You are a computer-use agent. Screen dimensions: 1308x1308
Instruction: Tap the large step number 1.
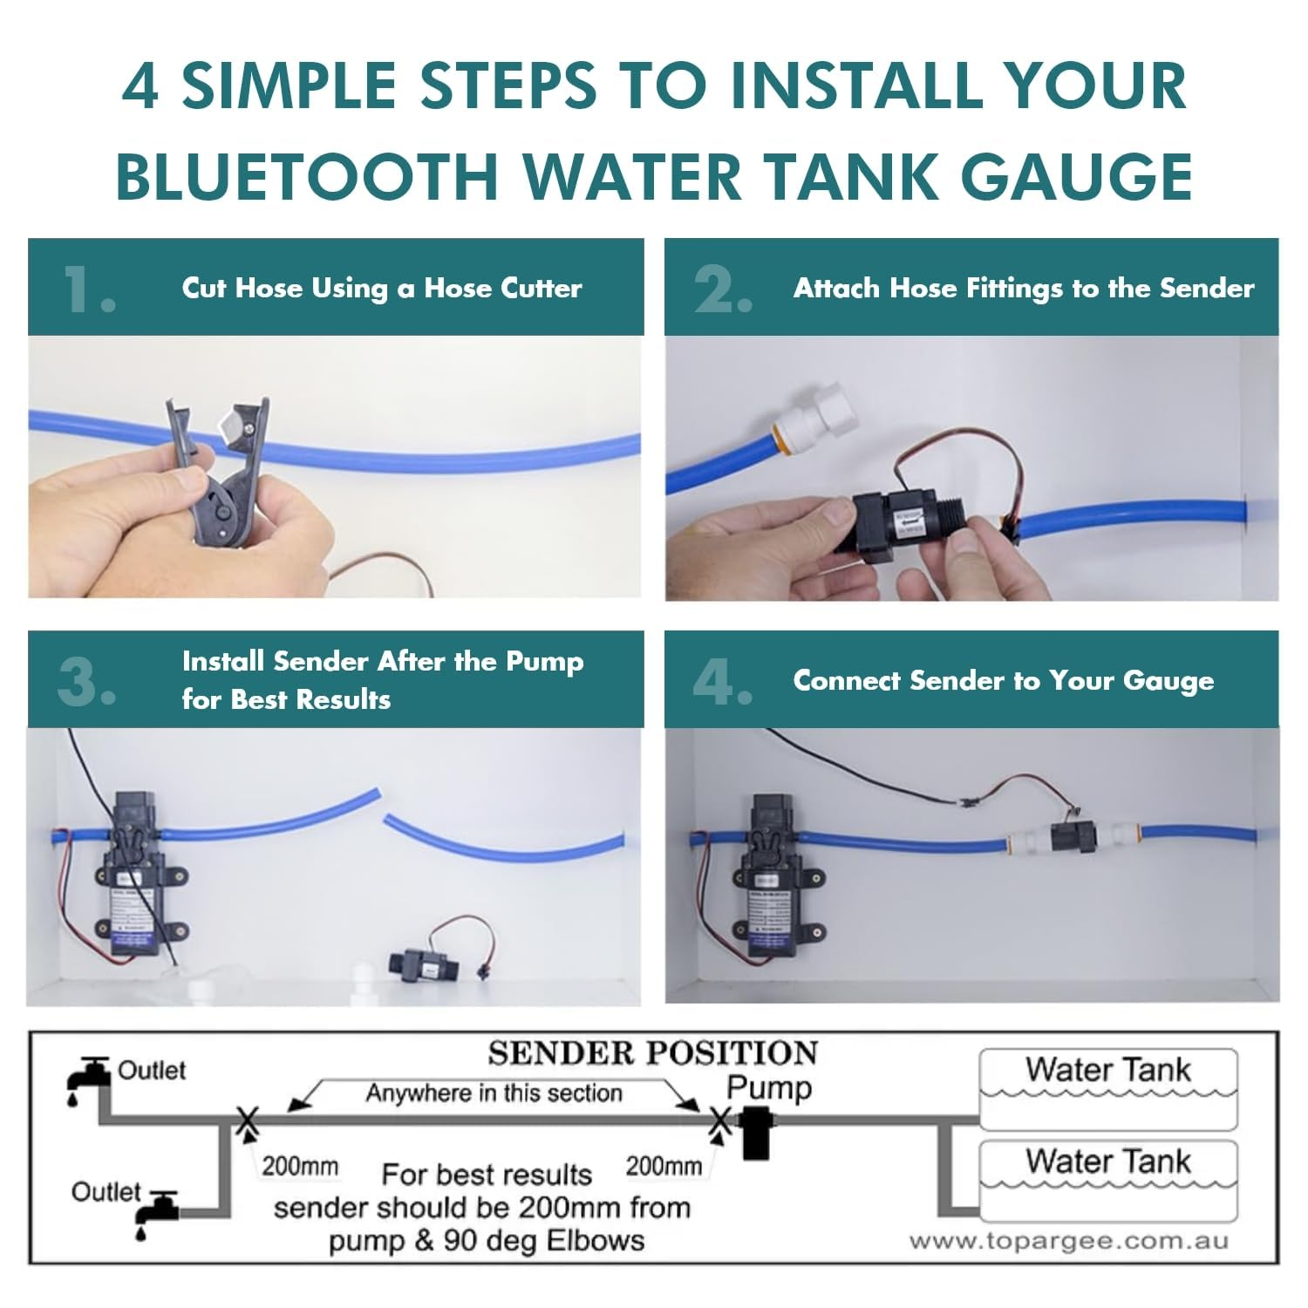pyautogui.click(x=89, y=290)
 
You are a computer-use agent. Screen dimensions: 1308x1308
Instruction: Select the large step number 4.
pyautogui.click(x=722, y=682)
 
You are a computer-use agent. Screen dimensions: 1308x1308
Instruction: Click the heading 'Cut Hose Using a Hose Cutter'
pyautogui.click(x=382, y=289)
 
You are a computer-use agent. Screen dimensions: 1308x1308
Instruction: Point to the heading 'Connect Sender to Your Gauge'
pyautogui.click(x=1003, y=681)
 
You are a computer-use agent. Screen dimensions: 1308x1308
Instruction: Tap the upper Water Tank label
pyautogui.click(x=1107, y=1070)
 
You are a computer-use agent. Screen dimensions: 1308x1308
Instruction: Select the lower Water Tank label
pyautogui.click(x=1107, y=1162)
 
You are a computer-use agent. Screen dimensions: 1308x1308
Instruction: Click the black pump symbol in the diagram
pyautogui.click(x=757, y=1132)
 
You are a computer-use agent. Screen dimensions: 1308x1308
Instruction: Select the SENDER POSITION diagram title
pyautogui.click(x=652, y=1053)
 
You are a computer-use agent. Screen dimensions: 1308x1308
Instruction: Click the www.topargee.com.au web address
pyautogui.click(x=1068, y=1241)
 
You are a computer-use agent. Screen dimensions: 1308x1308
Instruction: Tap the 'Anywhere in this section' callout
pyautogui.click(x=494, y=1093)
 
